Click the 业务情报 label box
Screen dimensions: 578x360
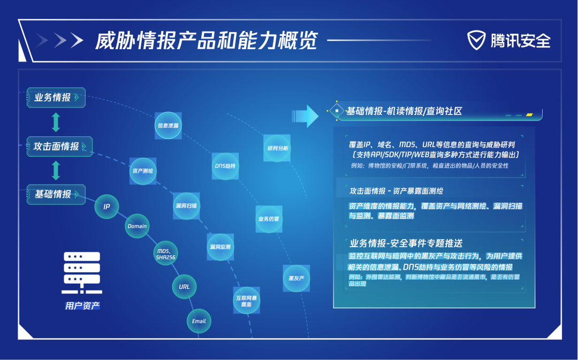(x=56, y=97)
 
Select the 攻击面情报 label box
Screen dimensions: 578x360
(x=59, y=146)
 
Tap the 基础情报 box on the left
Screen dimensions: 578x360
(x=56, y=194)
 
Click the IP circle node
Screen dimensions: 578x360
(x=107, y=206)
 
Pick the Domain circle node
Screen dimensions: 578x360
(x=137, y=226)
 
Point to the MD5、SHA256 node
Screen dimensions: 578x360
(x=166, y=254)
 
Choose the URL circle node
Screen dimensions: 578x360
(x=184, y=287)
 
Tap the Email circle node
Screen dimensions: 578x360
(x=199, y=321)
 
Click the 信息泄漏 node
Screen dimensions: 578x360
(x=168, y=125)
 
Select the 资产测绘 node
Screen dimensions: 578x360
(x=142, y=171)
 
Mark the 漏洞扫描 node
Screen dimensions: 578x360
(x=186, y=205)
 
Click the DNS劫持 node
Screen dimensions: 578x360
(x=225, y=165)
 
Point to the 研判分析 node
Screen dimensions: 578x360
(x=277, y=148)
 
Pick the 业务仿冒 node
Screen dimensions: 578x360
(x=269, y=219)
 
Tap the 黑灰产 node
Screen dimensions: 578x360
(x=296, y=278)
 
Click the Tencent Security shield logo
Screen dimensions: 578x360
(x=477, y=40)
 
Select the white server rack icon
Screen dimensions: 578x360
(x=82, y=272)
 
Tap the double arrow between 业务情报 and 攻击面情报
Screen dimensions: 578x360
(x=56, y=122)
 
